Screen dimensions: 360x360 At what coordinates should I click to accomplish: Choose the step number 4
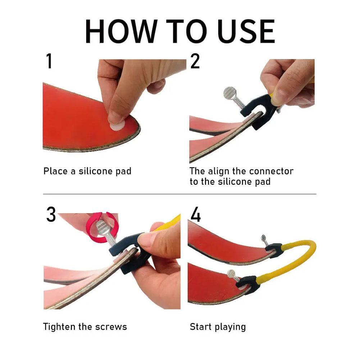click(x=196, y=215)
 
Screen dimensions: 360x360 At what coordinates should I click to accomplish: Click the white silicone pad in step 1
click(x=117, y=126)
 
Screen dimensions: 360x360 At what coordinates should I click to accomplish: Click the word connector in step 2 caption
click(x=271, y=171)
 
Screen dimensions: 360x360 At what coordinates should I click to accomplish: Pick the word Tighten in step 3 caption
click(x=62, y=327)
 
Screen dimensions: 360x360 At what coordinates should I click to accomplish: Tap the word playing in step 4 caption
click(x=230, y=327)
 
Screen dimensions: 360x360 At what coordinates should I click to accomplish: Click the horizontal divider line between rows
click(x=180, y=194)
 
